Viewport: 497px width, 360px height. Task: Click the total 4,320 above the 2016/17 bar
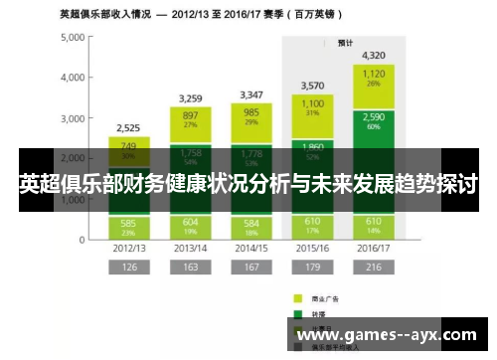[x=375, y=55]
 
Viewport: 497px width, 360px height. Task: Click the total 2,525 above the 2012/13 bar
[x=129, y=127]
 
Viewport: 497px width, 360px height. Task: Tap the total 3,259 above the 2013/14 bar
[x=191, y=98]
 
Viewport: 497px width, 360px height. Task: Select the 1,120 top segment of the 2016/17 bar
[x=375, y=77]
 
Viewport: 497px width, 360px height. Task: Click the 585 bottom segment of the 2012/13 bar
[x=129, y=226]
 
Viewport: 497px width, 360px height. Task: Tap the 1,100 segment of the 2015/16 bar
[x=313, y=106]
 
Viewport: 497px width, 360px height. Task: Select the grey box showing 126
[x=129, y=267]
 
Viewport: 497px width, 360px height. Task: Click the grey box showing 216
[x=375, y=267]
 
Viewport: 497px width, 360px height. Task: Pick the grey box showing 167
[x=251, y=267]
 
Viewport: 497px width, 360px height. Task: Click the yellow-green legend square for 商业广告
[x=296, y=297]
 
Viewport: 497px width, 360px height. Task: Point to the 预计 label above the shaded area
[x=346, y=43]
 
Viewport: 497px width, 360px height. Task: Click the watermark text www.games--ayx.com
[x=391, y=335]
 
